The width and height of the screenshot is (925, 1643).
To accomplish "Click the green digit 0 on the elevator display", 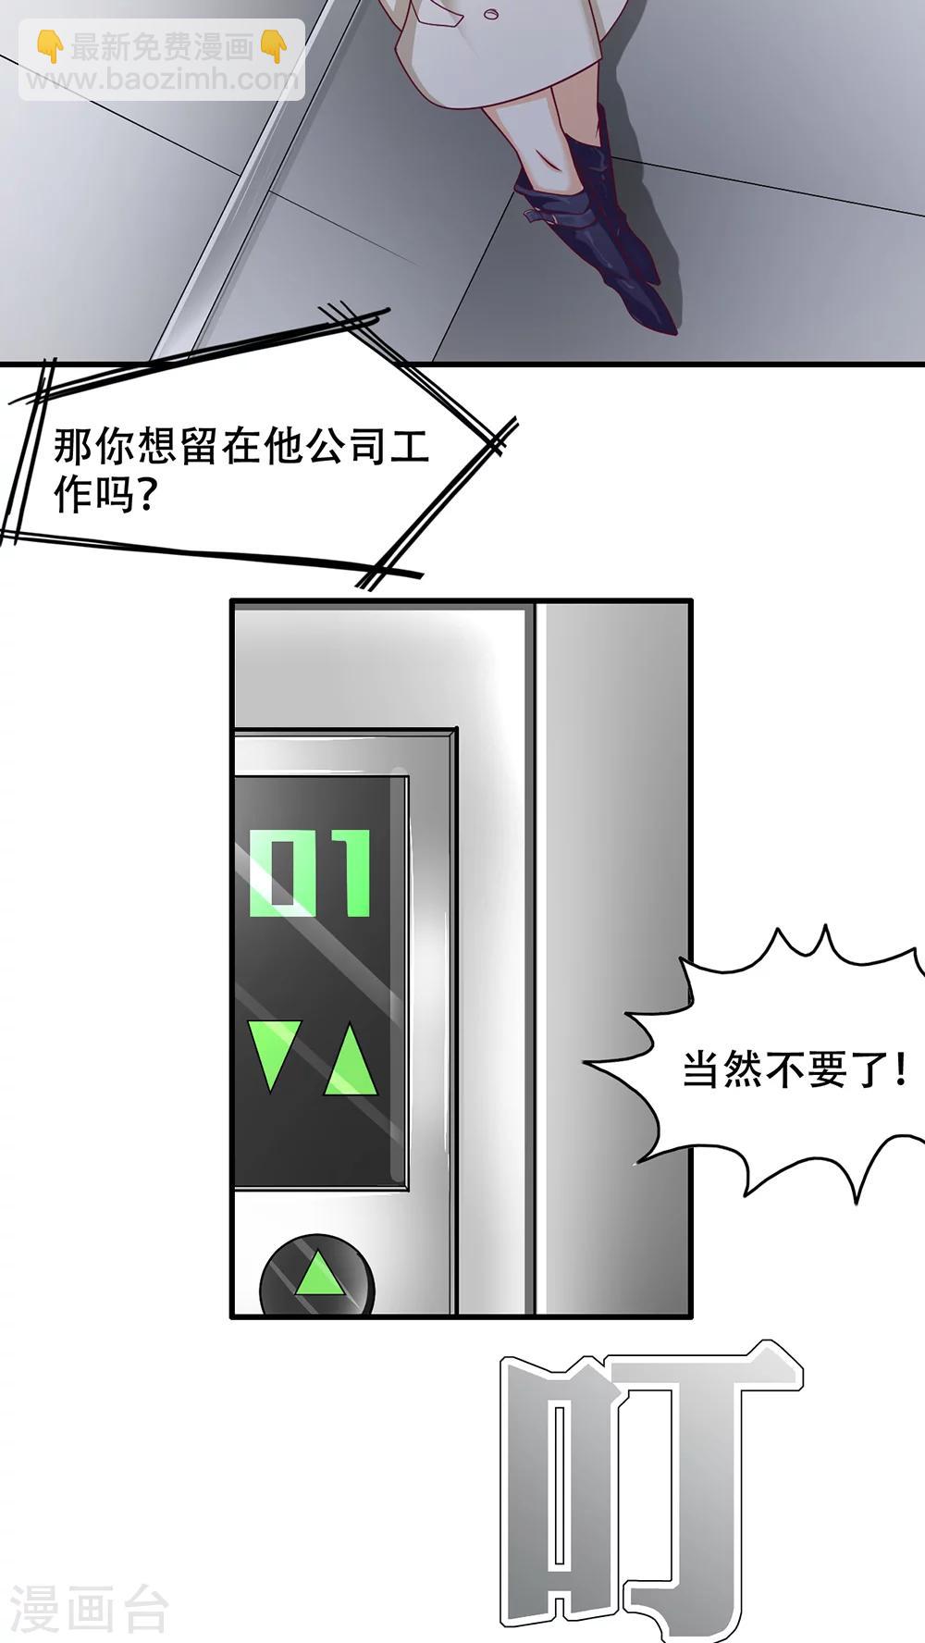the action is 283,872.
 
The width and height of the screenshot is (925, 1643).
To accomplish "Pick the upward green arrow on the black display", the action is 350,1060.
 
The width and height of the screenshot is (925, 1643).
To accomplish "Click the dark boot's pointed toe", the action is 664,319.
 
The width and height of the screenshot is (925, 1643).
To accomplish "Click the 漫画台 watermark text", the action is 89,1610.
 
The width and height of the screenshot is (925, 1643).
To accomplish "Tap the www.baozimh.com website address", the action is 162,79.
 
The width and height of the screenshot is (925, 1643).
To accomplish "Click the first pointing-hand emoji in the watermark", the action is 51,45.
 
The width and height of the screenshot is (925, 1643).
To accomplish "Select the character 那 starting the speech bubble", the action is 73,446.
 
